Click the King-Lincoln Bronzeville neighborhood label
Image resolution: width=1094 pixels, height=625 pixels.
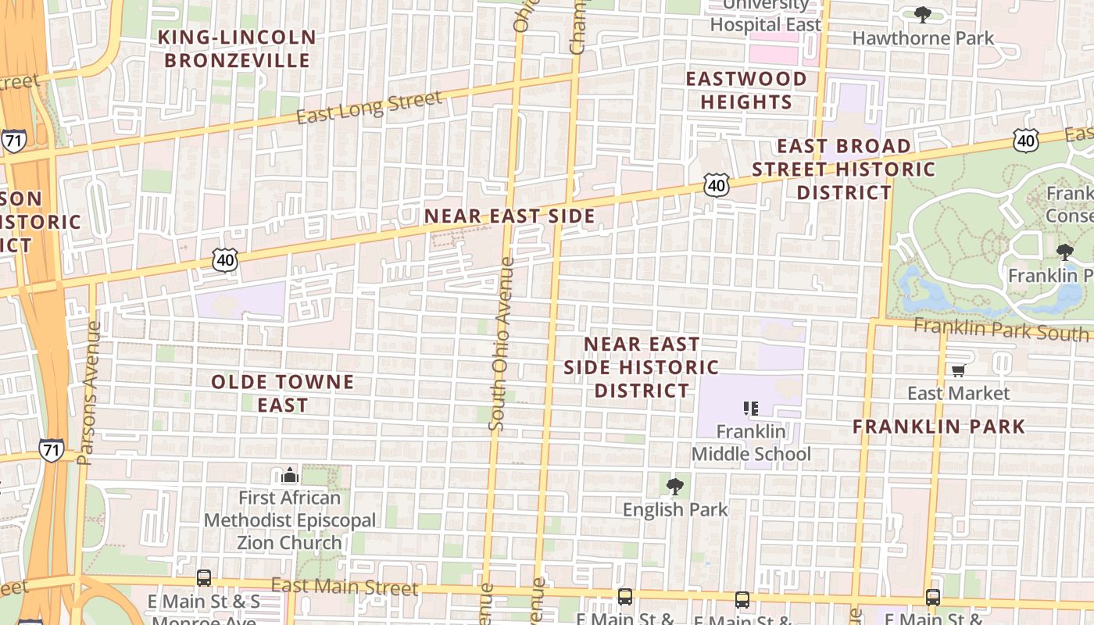pos(237,48)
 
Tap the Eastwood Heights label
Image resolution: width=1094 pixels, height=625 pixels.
pos(745,91)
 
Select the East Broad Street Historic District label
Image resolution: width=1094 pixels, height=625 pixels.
pos(844,170)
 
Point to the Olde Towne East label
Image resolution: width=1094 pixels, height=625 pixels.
pos(283,394)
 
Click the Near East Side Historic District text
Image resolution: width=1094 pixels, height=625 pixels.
pos(641,367)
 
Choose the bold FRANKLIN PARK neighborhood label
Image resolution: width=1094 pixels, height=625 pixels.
pos(938,427)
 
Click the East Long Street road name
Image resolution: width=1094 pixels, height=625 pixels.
pos(369,108)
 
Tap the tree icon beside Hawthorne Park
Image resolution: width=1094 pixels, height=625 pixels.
pos(922,14)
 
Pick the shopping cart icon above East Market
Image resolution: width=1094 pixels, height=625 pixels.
pos(958,370)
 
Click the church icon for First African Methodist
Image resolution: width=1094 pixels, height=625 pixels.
pos(290,475)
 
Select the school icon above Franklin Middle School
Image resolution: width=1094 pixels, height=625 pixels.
pos(751,408)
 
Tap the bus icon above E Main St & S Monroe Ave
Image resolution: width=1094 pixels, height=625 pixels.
pos(204,578)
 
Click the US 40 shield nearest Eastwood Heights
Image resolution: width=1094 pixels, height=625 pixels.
pos(716,184)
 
